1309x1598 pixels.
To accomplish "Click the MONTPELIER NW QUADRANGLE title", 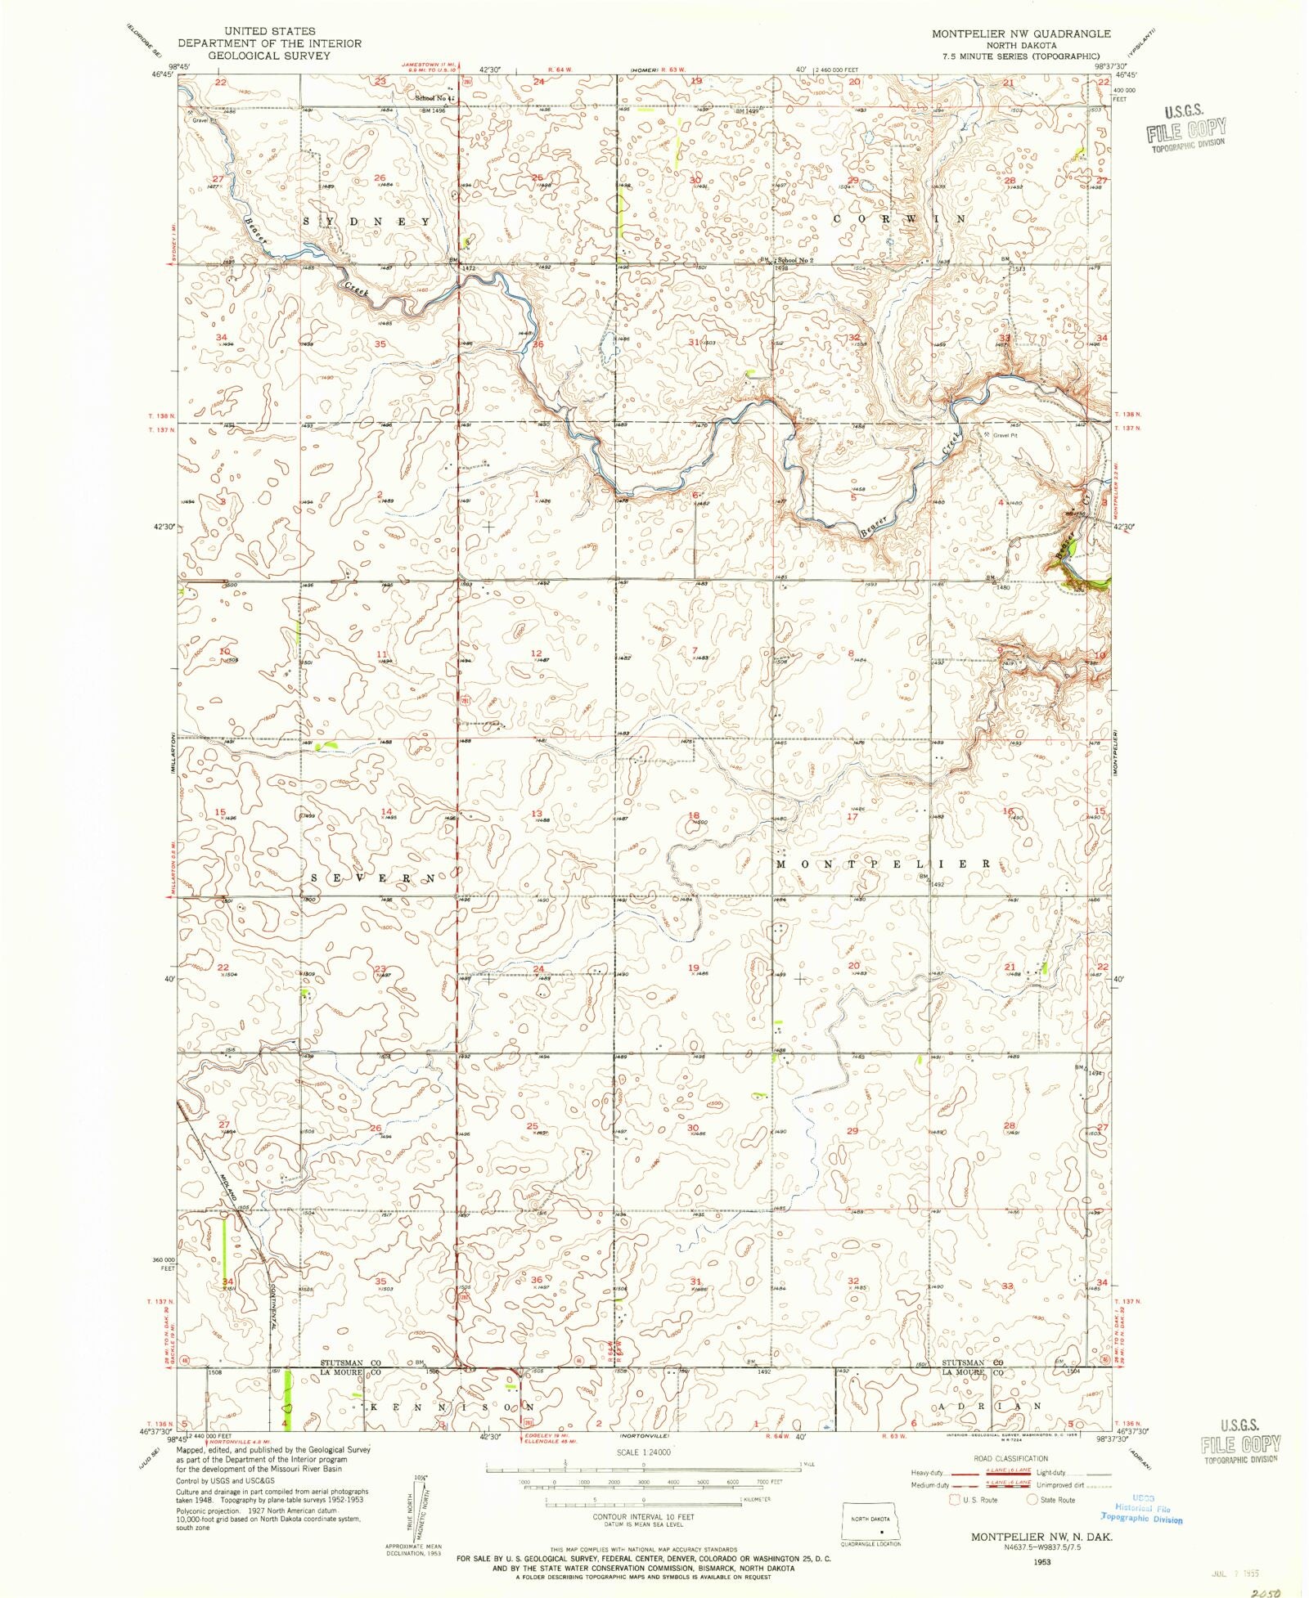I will (1021, 34).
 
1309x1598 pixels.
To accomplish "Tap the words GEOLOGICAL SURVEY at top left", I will (269, 56).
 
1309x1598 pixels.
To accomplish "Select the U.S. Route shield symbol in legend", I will (954, 1500).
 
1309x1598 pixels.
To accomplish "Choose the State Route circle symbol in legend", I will (1032, 1500).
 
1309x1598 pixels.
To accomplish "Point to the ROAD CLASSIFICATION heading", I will (1011, 1458).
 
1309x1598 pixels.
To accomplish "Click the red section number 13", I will (537, 814).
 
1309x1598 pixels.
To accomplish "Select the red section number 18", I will (694, 815).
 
